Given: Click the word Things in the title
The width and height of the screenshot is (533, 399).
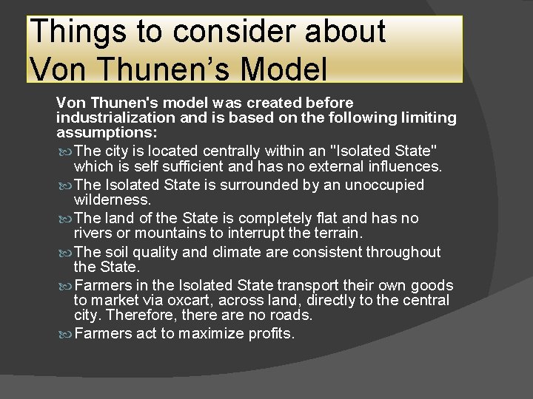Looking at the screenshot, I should tap(76, 32).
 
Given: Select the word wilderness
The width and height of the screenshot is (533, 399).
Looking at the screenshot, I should tap(112, 200).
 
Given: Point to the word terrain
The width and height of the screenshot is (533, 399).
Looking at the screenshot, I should tap(333, 233).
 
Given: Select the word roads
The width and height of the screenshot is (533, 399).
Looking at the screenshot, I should tap(292, 316).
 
